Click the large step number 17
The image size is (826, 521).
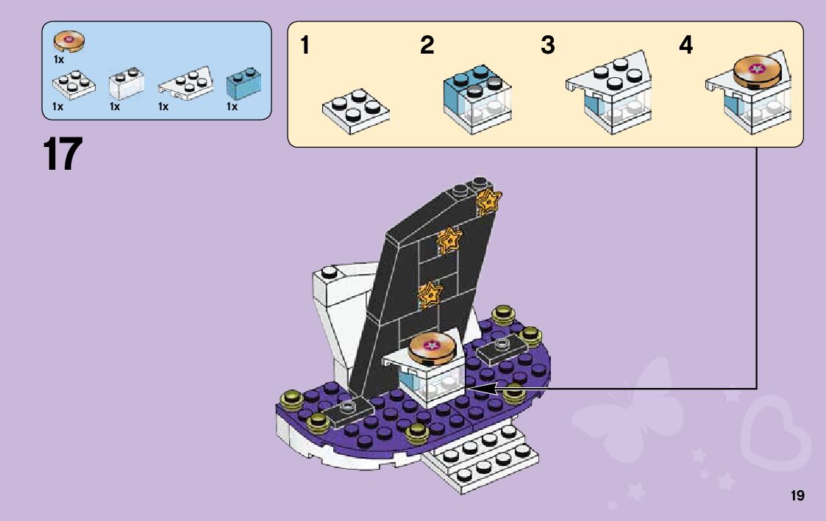coord(63,154)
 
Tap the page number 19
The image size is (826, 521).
coord(797,496)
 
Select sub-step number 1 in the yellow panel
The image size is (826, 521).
coord(305,46)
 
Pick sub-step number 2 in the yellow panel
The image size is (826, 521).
coord(427,46)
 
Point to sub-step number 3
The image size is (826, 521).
coord(547,46)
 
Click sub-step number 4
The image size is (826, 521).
coord(686,46)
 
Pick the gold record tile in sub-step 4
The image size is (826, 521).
coord(756,69)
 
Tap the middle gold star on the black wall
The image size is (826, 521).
coord(448,240)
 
